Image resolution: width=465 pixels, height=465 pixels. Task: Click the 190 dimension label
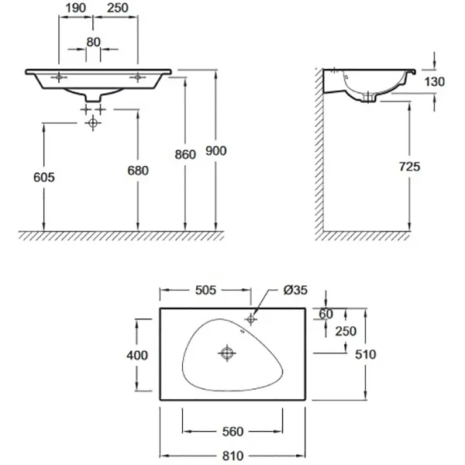click(x=76, y=8)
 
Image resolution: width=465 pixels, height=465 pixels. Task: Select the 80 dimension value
click(x=94, y=43)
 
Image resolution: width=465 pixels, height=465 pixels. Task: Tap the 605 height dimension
click(x=44, y=177)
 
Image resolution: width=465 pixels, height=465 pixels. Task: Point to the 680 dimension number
click(x=138, y=170)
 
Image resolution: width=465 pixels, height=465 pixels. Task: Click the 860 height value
click(x=185, y=154)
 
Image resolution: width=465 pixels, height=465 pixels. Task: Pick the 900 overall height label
click(x=216, y=151)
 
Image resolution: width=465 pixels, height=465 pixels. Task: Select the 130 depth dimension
click(x=435, y=81)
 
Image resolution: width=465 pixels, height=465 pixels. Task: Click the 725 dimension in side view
click(x=410, y=167)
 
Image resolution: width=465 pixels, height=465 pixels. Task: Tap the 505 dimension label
click(x=206, y=290)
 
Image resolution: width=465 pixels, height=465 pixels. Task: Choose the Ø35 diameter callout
click(x=295, y=290)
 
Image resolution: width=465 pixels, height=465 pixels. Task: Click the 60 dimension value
click(x=326, y=314)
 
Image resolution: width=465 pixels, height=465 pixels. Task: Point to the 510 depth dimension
click(x=365, y=354)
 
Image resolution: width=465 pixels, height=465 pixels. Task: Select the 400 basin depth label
click(x=137, y=355)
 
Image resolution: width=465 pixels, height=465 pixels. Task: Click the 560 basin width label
click(x=232, y=432)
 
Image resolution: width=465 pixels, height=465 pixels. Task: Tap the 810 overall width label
click(x=232, y=456)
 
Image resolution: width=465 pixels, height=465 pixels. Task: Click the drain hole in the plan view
click(x=227, y=353)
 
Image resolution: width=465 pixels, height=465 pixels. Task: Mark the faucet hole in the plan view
click(x=251, y=319)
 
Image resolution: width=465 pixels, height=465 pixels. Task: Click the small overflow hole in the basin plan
click(x=243, y=331)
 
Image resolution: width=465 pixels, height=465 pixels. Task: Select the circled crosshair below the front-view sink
click(x=93, y=122)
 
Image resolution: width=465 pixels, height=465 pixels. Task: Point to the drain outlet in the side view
click(x=369, y=97)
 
